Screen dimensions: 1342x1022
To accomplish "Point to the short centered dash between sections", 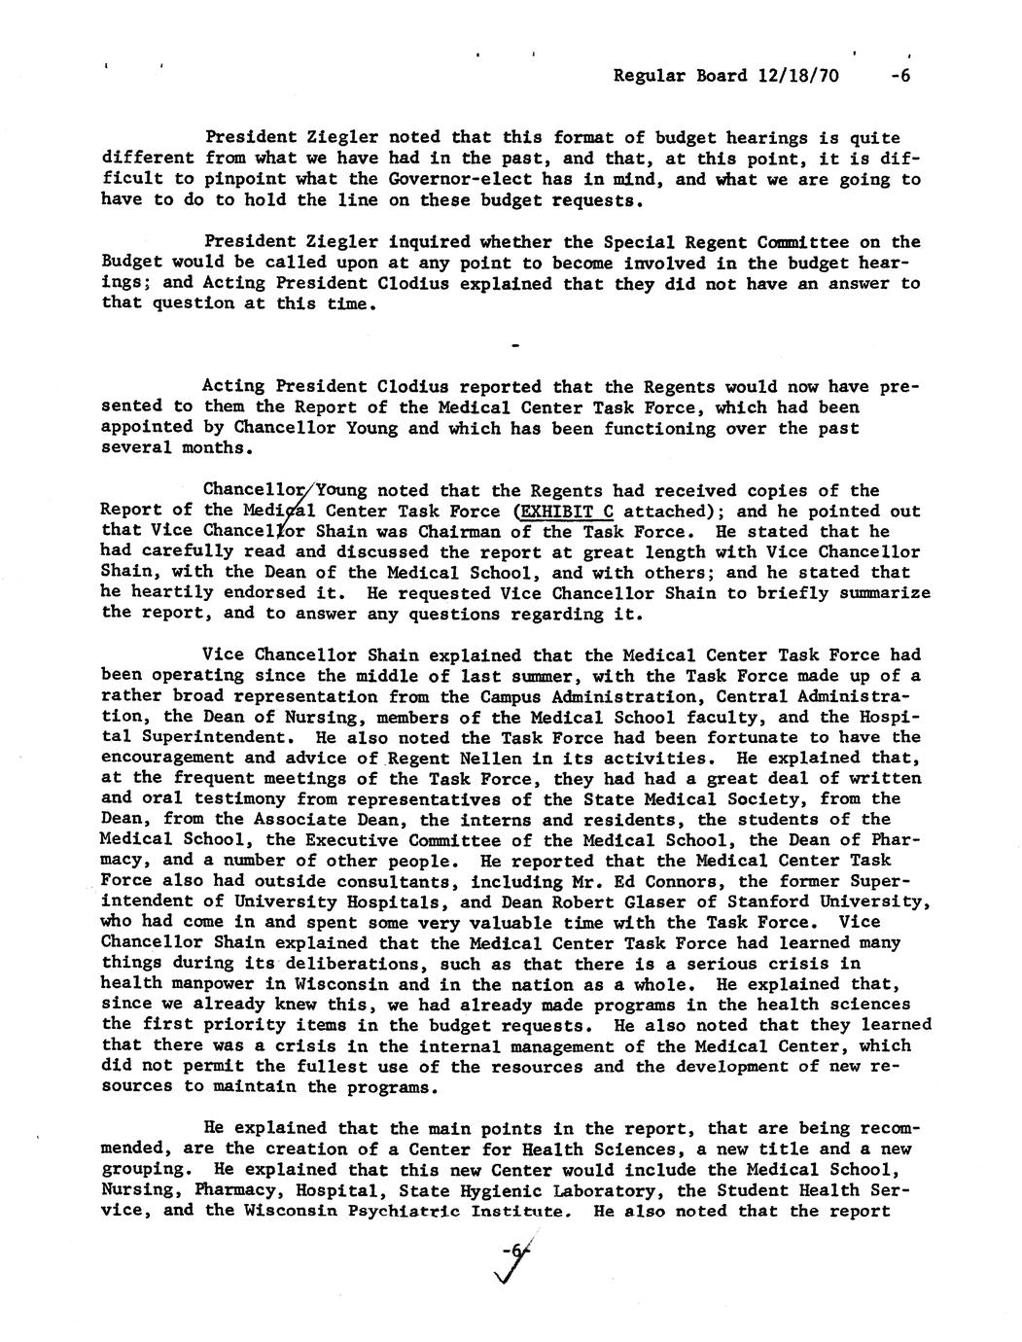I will pyautogui.click(x=515, y=345).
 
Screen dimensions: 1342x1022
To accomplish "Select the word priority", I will pyautogui.click(x=236, y=1025).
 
